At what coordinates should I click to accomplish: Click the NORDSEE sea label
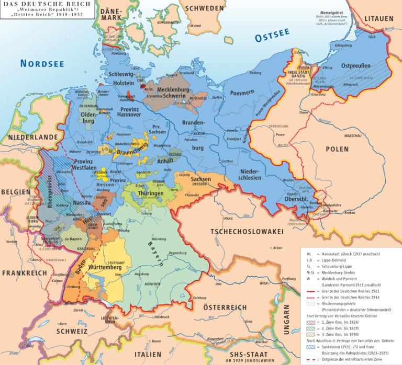(x=42, y=63)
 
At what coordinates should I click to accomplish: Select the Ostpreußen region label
(x=355, y=66)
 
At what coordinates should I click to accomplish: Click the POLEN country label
(x=337, y=149)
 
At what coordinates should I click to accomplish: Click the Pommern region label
(x=241, y=93)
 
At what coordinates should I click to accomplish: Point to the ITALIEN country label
(x=148, y=354)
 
